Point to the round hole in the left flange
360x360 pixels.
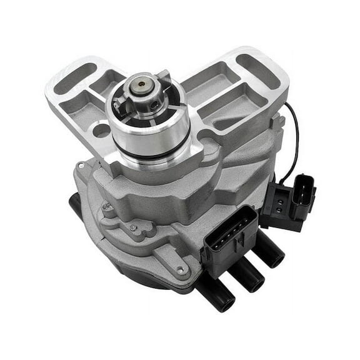pos(101,131)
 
